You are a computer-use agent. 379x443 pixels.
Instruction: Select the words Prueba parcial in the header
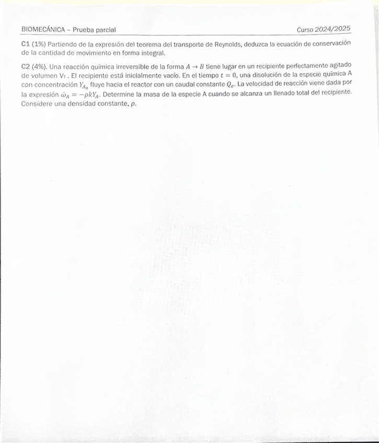pyautogui.click(x=95, y=30)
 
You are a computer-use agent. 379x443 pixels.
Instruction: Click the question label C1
pyautogui.click(x=26, y=44)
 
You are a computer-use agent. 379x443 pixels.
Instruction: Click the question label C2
pyautogui.click(x=26, y=66)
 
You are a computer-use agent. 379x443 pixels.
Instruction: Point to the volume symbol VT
pyautogui.click(x=63, y=75)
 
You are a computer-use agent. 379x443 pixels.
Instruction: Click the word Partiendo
pyautogui.click(x=61, y=44)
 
